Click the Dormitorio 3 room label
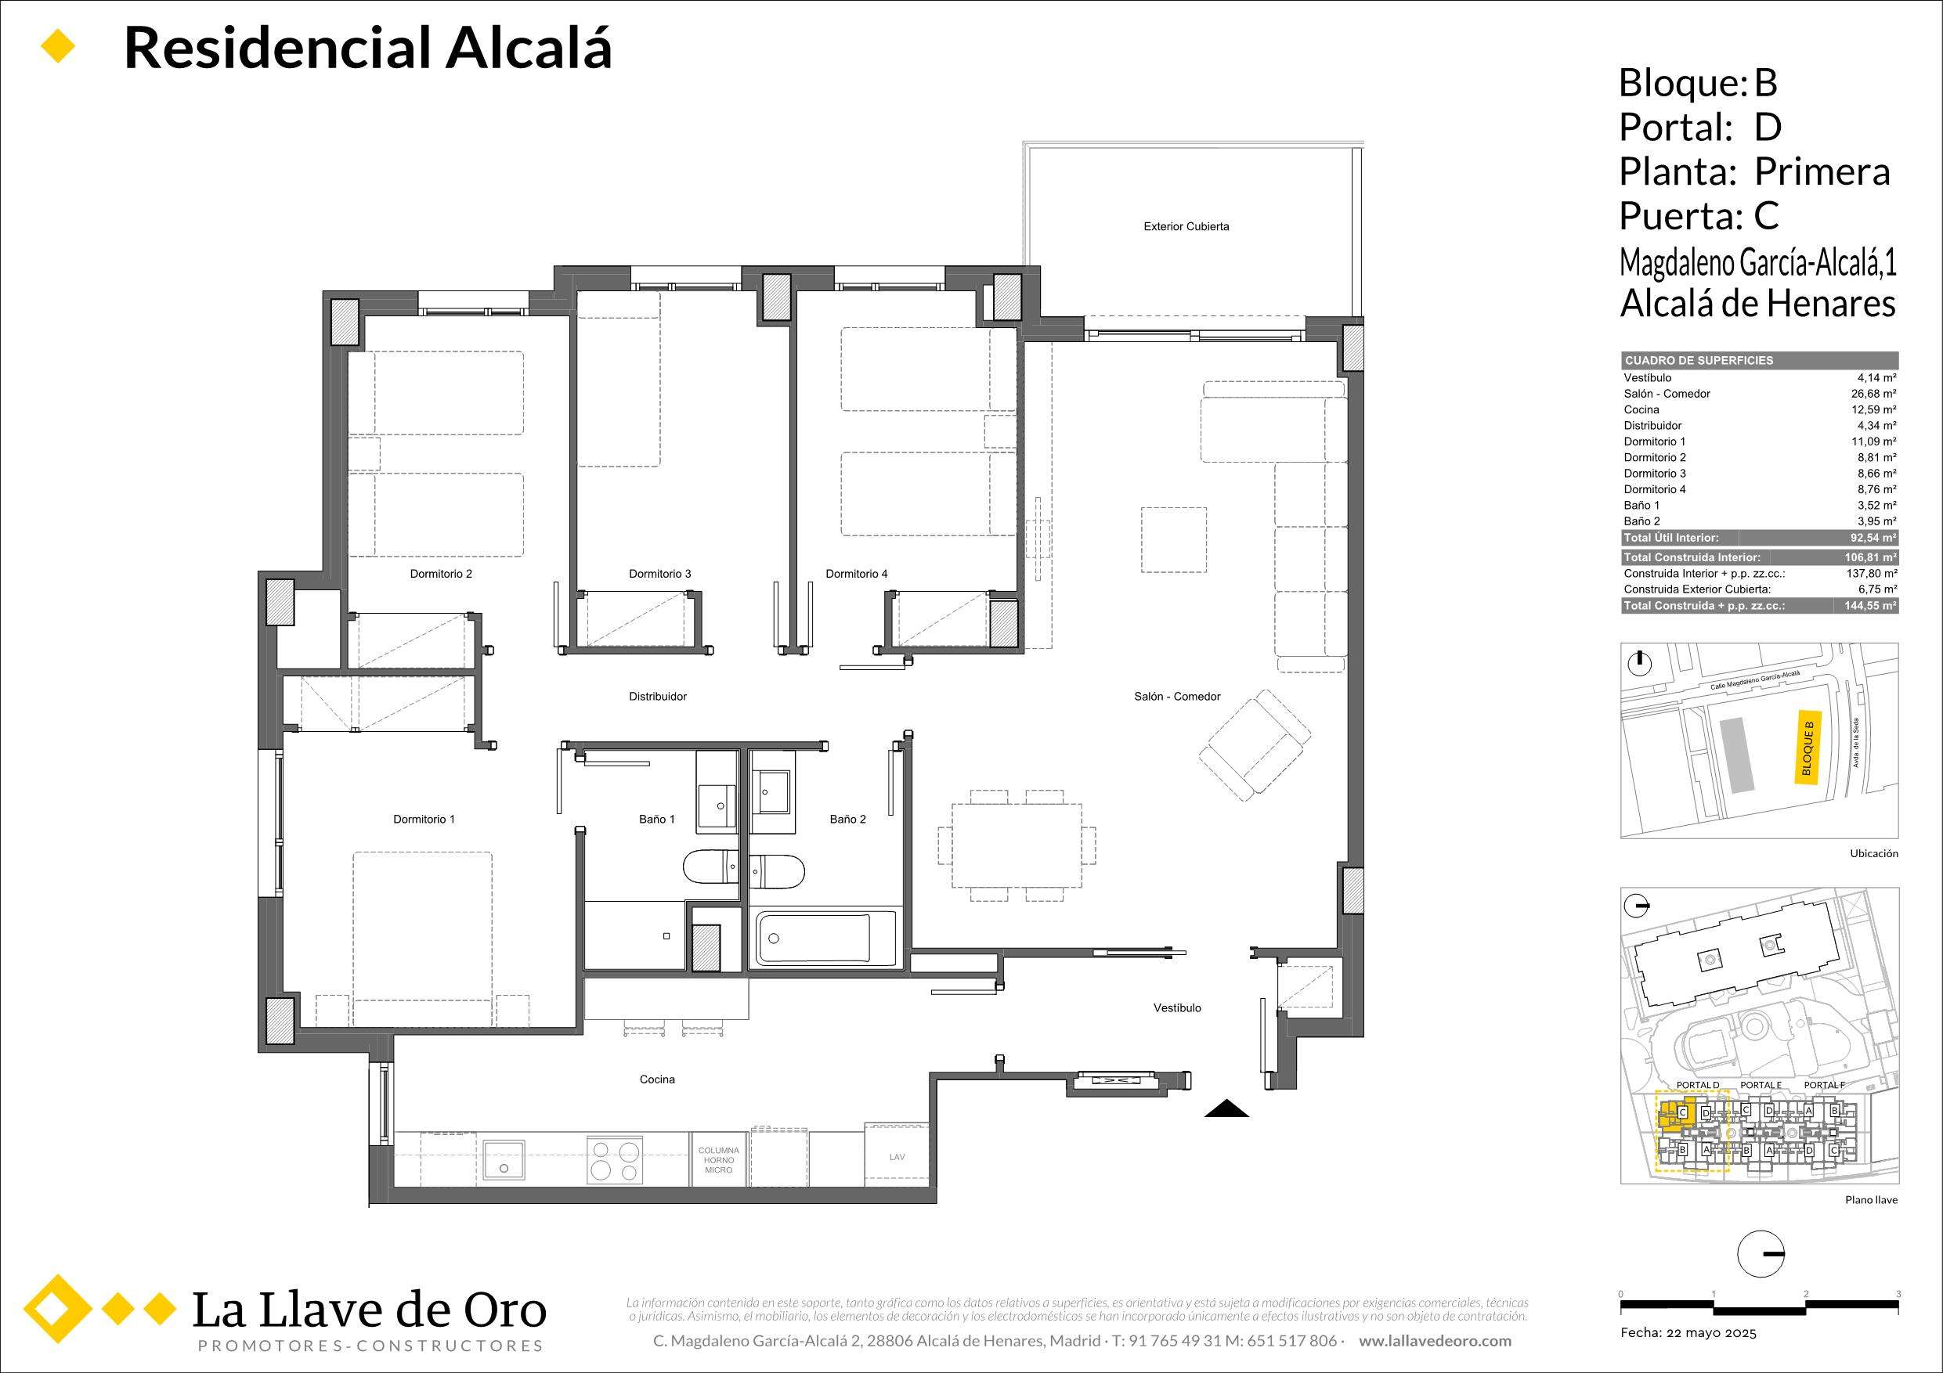tap(659, 574)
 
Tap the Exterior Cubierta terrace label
tap(1186, 227)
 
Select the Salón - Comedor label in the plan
tap(1177, 696)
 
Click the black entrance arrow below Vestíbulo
tap(1226, 1109)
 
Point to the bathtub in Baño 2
tap(813, 939)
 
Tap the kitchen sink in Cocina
tap(504, 1161)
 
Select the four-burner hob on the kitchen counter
tap(613, 1161)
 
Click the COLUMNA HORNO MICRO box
tap(718, 1160)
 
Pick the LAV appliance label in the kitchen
tap(896, 1156)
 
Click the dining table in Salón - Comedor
tap(1017, 845)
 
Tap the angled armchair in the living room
tap(1254, 744)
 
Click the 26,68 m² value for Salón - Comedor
tap(1873, 394)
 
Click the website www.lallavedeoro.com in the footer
tap(1435, 1341)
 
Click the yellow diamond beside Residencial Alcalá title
tap(59, 46)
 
